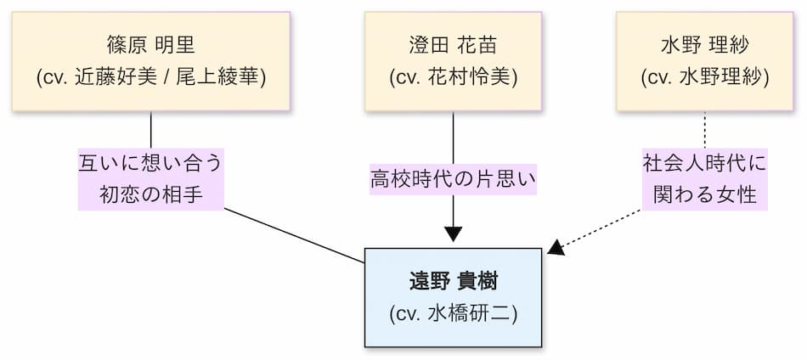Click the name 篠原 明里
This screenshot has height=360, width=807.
(x=151, y=44)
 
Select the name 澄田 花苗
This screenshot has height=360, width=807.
(x=453, y=44)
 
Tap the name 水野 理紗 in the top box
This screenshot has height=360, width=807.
(x=705, y=44)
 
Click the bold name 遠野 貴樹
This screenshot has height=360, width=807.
(x=453, y=281)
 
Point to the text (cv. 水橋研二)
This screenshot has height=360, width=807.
(x=453, y=312)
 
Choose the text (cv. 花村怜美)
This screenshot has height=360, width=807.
(x=453, y=76)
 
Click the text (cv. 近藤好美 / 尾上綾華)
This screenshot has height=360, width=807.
(x=151, y=76)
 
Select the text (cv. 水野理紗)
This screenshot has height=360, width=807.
(x=705, y=76)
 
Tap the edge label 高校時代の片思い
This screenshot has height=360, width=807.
(x=454, y=180)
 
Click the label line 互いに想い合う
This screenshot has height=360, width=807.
(x=151, y=162)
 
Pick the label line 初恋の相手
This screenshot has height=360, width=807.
(x=151, y=194)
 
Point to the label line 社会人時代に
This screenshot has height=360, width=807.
(x=705, y=162)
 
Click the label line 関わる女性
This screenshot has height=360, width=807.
(x=705, y=194)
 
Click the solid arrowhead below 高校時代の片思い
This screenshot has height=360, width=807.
(x=453, y=233)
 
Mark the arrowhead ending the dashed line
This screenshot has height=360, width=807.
(x=556, y=248)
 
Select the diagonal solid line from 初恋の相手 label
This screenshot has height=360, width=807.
(x=293, y=235)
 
